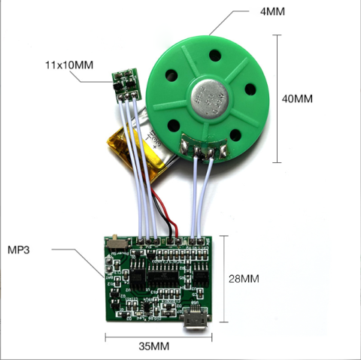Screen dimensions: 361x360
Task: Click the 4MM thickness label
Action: [x=272, y=11]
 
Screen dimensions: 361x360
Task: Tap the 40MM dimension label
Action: [x=297, y=98]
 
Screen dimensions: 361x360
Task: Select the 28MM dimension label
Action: [x=244, y=279]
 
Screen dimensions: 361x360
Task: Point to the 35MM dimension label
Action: [x=154, y=346]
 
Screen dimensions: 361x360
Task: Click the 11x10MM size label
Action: [x=69, y=65]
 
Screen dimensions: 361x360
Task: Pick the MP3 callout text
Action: [x=19, y=250]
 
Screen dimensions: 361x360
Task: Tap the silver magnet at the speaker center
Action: [x=210, y=99]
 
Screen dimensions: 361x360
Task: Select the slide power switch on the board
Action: [x=118, y=243]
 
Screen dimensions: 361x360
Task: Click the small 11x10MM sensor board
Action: [x=126, y=85]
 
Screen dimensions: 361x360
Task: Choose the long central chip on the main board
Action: [x=162, y=275]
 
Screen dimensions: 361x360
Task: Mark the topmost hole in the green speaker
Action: [x=215, y=56]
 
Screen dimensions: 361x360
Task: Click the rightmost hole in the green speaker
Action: [x=250, y=89]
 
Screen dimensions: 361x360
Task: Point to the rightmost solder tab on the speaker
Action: [x=223, y=151]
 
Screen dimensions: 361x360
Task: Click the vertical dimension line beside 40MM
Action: [x=277, y=98]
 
